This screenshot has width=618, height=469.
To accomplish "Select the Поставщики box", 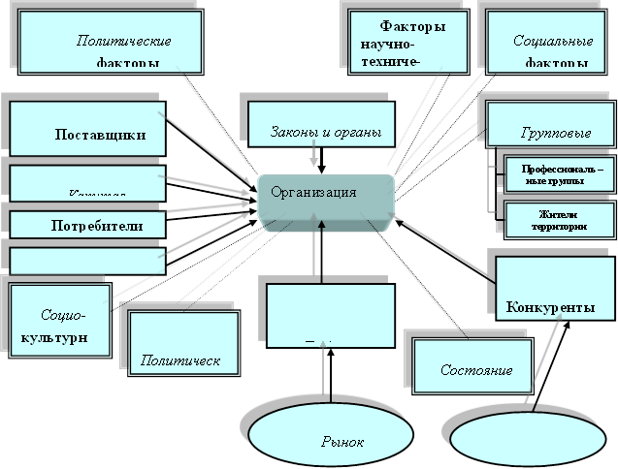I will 87,128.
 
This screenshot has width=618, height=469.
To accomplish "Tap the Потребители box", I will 87,225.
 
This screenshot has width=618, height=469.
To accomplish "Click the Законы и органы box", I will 323,124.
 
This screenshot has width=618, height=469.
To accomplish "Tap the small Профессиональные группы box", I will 556,175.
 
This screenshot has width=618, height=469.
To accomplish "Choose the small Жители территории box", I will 556,221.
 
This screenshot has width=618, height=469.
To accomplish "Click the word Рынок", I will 342,442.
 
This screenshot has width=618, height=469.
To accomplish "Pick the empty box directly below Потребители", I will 87,261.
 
